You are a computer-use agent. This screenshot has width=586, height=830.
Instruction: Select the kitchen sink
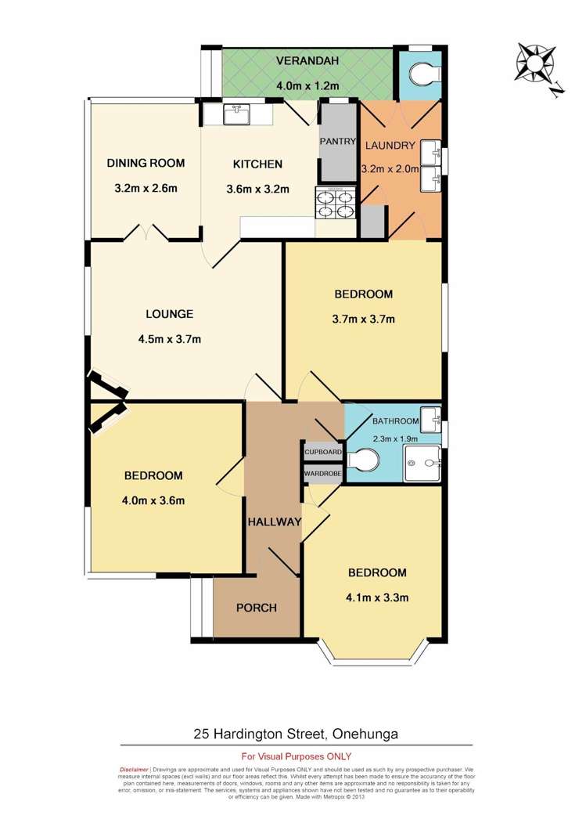[x=236, y=115]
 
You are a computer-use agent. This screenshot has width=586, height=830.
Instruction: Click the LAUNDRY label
[x=390, y=145]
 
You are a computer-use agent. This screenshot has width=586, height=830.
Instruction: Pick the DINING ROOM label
[x=146, y=164]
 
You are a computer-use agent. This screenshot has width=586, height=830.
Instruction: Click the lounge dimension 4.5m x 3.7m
[x=169, y=339]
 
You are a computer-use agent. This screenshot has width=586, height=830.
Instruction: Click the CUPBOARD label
[x=322, y=453]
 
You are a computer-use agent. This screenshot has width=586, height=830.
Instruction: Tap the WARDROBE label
[x=322, y=474]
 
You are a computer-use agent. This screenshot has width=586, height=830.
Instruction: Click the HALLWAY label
[x=275, y=522]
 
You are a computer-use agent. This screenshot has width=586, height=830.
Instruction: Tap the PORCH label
[x=257, y=608]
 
